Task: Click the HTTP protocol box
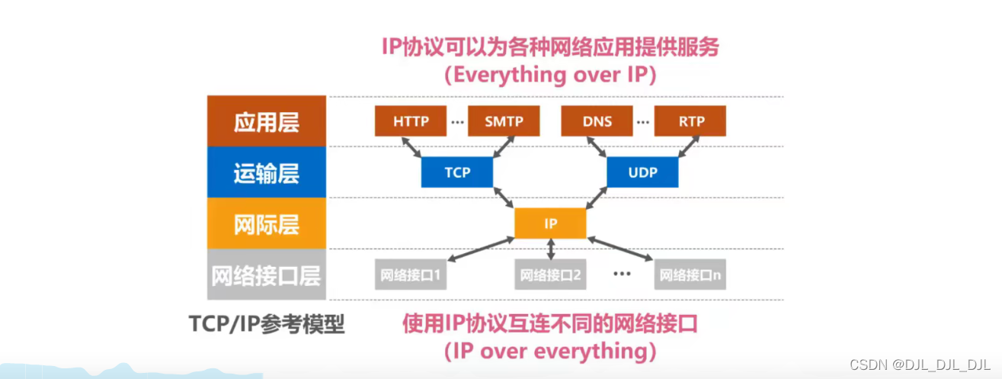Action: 411,121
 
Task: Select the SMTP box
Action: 504,121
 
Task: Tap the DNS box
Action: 597,121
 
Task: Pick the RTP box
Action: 690,121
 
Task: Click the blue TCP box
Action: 456,172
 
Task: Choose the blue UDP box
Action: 642,172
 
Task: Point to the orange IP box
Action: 550,223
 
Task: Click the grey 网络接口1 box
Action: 411,275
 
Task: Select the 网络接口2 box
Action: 550,275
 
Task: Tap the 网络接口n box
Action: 690,275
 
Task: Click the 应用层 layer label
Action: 267,122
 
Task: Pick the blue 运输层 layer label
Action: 267,173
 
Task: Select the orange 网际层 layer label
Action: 267,224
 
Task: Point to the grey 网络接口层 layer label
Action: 267,275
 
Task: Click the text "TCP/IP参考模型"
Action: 267,324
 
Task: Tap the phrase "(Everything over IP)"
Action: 550,75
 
